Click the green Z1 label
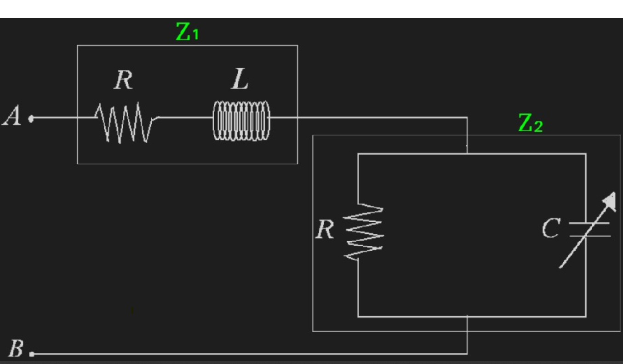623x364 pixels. point(187,33)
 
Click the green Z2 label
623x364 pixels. point(530,123)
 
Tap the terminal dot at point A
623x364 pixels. point(31,119)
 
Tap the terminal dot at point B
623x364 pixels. point(31,354)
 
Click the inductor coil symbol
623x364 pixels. point(241,121)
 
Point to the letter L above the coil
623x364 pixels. point(240,81)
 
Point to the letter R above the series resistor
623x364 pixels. point(123,81)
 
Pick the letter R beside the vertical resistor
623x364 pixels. point(325,229)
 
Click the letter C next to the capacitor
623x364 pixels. point(550,228)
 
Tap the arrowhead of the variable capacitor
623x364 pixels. point(610,202)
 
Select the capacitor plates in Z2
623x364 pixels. point(589,230)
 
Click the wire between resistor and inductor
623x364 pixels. point(184,118)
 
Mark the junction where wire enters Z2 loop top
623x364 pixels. point(467,154)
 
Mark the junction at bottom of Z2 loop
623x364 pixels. point(467,317)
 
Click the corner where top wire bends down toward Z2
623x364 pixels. point(467,118)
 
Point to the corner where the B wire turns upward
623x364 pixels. point(467,354)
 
